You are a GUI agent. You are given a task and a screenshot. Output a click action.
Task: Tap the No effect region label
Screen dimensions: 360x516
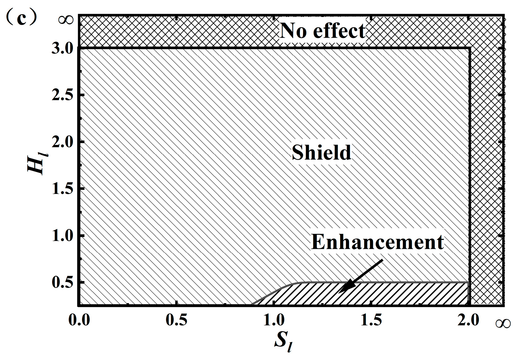click(x=322, y=31)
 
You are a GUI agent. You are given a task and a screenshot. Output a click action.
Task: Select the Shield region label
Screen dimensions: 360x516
click(x=321, y=152)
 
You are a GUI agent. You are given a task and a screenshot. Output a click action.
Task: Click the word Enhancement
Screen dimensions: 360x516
click(x=378, y=242)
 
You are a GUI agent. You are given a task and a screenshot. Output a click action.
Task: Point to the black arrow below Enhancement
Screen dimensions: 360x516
click(x=361, y=276)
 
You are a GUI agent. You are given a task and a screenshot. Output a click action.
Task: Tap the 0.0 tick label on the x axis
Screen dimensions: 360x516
click(x=79, y=320)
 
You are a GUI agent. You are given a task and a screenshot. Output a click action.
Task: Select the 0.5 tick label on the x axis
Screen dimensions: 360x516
click(x=177, y=320)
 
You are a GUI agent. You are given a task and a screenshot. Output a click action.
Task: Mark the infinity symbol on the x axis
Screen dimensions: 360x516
click(x=503, y=323)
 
